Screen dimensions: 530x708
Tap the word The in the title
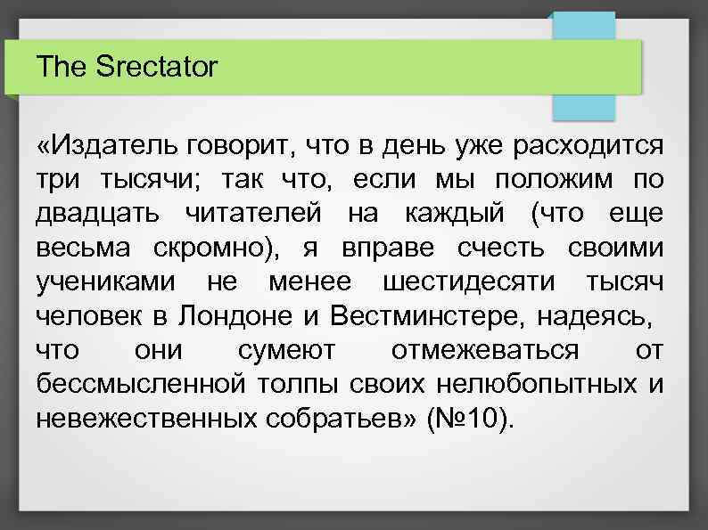pos(60,67)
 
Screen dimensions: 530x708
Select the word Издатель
pos(107,145)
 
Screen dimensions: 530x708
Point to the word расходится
pos(585,145)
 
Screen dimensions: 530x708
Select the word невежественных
pos(147,420)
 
